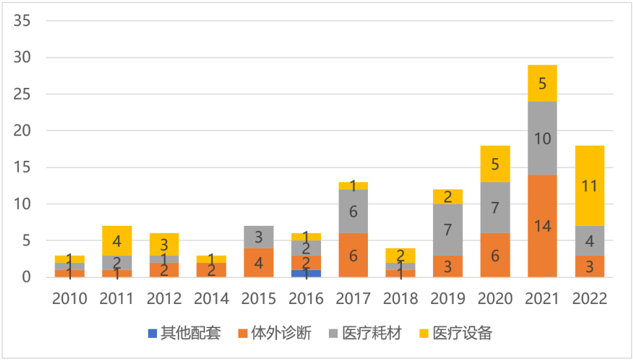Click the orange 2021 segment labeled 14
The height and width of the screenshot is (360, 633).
542,226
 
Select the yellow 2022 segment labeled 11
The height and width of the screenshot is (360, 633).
589,186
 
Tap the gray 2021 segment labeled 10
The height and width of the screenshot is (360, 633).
542,138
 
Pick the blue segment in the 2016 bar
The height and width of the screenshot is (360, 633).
306,273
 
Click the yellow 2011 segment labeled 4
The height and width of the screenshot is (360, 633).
117,241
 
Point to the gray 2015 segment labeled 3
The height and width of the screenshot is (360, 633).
259,237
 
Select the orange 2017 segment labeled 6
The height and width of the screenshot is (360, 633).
353,255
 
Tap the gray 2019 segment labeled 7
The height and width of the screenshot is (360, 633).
447,230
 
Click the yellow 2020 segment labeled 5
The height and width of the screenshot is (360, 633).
495,164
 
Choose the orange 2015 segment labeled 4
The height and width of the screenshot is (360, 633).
259,262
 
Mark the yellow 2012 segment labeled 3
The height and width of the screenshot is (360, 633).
164,244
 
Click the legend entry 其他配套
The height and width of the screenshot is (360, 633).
185,334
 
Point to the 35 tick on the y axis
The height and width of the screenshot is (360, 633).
22,21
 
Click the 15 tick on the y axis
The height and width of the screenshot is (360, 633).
22,167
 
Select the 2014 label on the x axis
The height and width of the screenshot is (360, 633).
212,299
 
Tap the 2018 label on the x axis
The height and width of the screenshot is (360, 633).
400,299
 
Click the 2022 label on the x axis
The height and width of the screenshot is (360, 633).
589,299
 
